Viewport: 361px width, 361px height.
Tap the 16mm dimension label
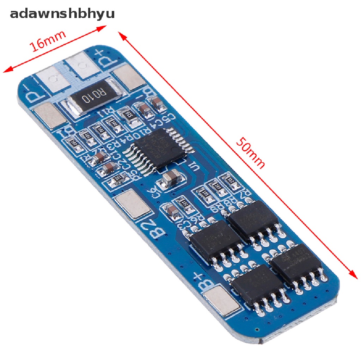48,41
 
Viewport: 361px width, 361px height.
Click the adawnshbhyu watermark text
62,14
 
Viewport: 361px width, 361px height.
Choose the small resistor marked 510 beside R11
129,115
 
